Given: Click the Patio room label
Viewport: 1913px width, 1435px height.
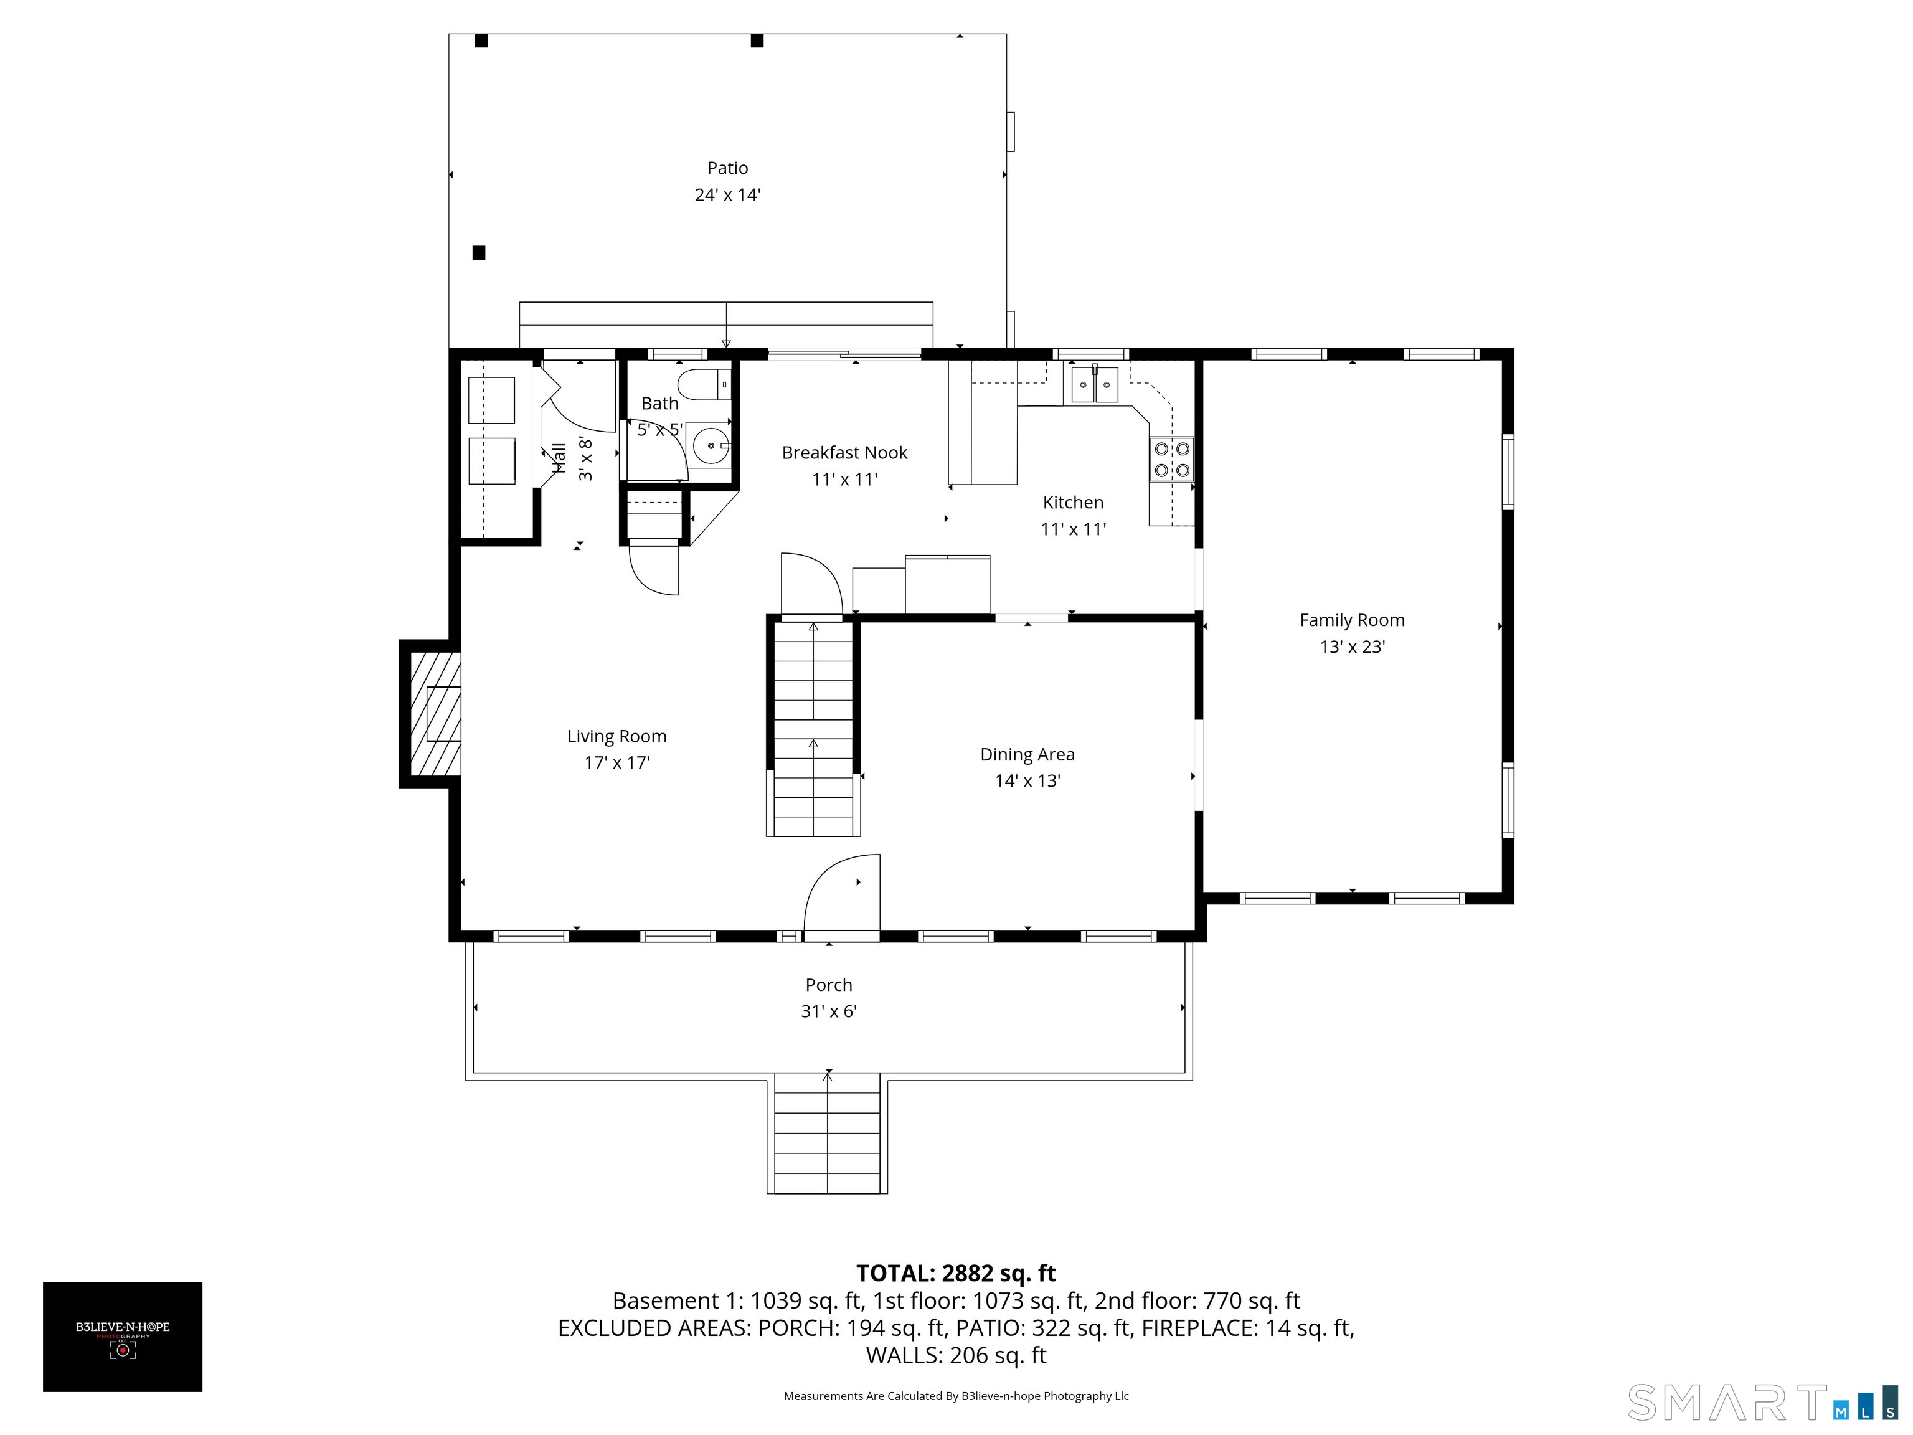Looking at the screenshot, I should coord(727,168).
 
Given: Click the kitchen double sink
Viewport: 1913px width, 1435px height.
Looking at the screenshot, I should coord(1094,385).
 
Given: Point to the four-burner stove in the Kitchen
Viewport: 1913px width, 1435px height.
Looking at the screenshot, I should coord(1171,459).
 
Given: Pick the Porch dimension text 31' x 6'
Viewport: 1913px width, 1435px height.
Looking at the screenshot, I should coord(828,1011).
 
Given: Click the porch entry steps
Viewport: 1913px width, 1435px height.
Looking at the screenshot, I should coord(827,1133).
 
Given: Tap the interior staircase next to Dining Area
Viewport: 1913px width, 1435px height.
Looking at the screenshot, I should coord(812,731).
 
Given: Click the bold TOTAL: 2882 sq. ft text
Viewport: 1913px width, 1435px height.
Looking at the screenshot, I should coord(956,1273).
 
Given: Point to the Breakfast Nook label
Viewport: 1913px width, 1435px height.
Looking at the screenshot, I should coord(844,452).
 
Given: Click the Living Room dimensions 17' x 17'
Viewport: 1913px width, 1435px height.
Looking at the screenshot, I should coord(616,762).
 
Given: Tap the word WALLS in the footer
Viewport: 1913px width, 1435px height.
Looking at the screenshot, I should coord(904,1355).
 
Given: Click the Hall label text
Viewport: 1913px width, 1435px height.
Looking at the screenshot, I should coord(559,458).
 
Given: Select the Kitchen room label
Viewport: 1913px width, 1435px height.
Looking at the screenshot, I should coord(1072,503).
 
